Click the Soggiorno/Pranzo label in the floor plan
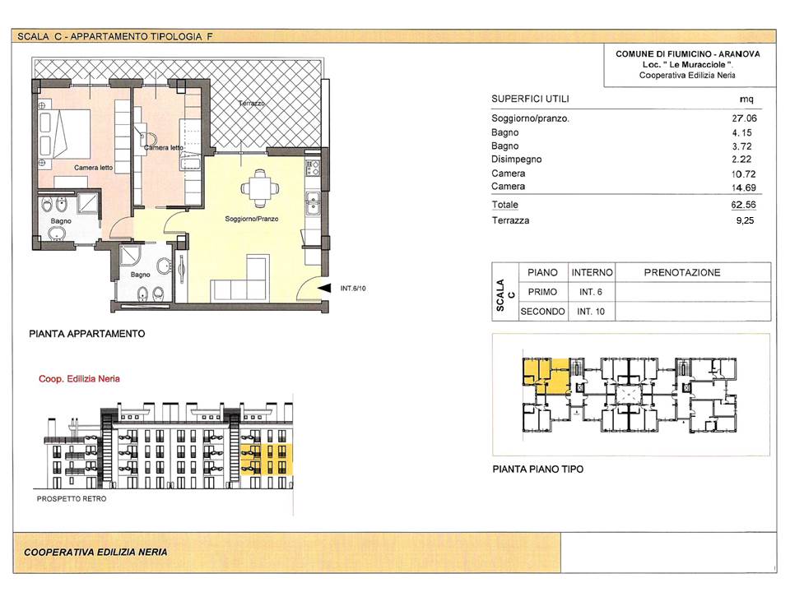tap(252, 219)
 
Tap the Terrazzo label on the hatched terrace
tap(251, 104)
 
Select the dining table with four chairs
tap(259, 188)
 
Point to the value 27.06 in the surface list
tap(744, 118)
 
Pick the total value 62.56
tap(744, 205)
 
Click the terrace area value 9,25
tap(745, 220)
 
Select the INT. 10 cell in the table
tap(591, 312)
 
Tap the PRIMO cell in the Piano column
tap(542, 292)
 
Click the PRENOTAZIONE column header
tap(682, 272)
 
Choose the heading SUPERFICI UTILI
tap(530, 99)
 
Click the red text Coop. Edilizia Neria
tap(79, 378)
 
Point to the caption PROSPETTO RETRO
tap(72, 499)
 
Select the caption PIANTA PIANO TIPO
tap(537, 469)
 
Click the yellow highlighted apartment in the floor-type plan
tap(546, 375)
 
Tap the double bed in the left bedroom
tap(64, 133)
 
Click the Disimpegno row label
tap(517, 159)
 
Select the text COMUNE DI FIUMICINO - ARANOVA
tap(688, 54)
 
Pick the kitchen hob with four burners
tap(313, 168)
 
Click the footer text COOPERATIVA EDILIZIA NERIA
tap(95, 553)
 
